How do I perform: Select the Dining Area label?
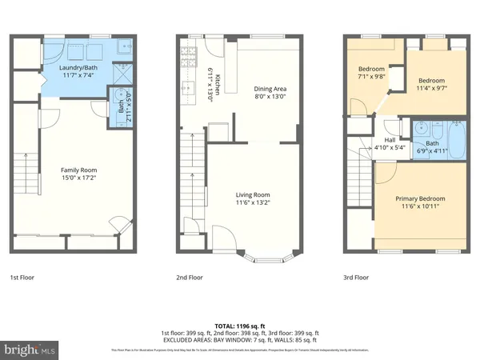[x=270, y=89]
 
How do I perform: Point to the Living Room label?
[x=252, y=194]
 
